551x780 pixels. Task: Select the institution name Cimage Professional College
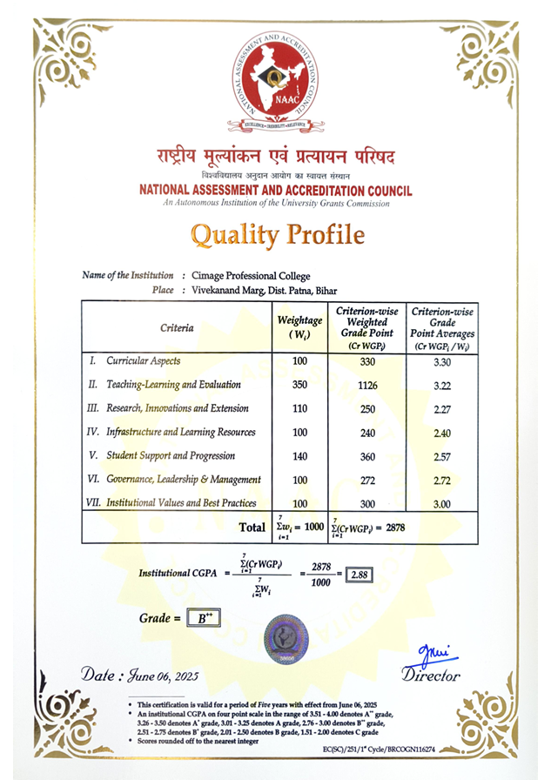(251, 276)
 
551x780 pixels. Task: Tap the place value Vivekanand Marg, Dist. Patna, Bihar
(264, 290)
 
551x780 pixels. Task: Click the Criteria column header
(177, 328)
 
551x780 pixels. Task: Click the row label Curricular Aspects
(144, 360)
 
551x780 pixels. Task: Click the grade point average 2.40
(442, 433)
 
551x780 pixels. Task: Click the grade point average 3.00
(442, 503)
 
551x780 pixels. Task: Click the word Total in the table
(252, 527)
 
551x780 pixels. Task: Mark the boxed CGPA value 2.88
(359, 575)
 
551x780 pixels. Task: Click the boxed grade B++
(206, 618)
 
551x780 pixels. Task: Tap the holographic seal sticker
(287, 638)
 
